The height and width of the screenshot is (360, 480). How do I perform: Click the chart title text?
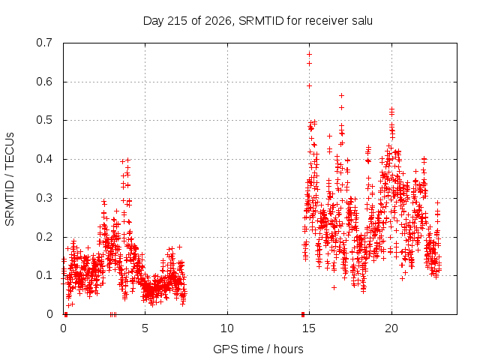click(x=258, y=21)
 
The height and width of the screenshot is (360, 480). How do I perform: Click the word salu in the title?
click(x=362, y=21)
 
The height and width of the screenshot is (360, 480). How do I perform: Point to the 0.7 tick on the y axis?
click(x=44, y=43)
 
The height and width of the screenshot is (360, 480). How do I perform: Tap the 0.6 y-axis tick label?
click(x=44, y=82)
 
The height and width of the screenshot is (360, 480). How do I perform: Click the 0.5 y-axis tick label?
click(x=44, y=120)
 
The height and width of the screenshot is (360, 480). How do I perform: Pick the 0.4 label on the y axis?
click(x=44, y=159)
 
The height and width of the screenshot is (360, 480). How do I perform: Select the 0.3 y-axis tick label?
click(x=44, y=198)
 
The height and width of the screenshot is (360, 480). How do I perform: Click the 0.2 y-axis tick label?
click(x=44, y=237)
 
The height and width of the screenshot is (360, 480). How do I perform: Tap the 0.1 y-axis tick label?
click(x=44, y=275)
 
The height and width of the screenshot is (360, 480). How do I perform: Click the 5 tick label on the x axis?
click(x=145, y=328)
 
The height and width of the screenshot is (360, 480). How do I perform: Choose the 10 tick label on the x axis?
click(x=227, y=328)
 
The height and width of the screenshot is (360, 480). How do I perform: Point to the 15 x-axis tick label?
click(x=309, y=328)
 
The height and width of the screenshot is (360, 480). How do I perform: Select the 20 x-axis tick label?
click(x=391, y=328)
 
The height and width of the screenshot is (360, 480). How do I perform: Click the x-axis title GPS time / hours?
click(x=258, y=349)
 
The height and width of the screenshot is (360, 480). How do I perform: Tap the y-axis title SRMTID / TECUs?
click(x=10, y=179)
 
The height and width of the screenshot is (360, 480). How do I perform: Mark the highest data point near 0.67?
click(x=309, y=55)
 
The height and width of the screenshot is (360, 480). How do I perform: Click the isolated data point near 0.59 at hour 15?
click(x=309, y=86)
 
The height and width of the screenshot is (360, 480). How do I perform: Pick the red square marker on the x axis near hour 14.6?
click(x=303, y=314)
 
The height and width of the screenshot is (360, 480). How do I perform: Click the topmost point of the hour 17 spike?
click(x=342, y=96)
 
